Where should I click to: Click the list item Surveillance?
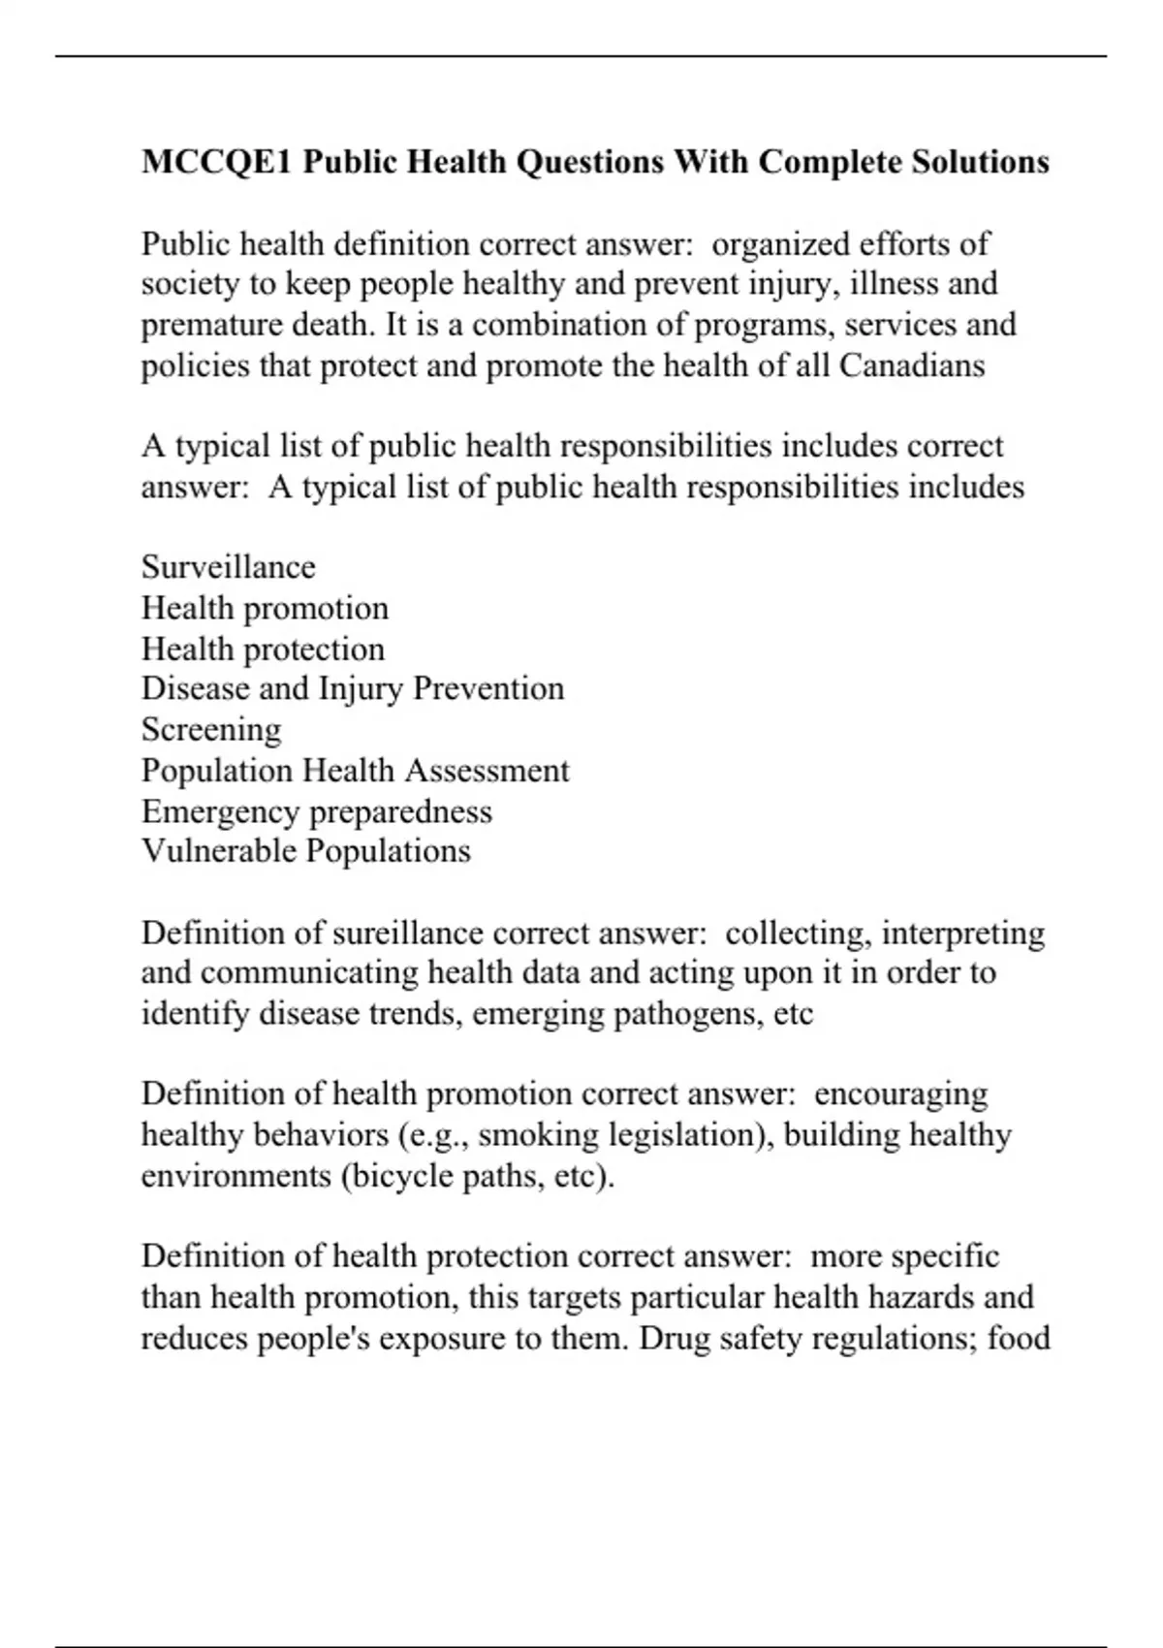coord(229,567)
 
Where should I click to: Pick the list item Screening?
coord(211,729)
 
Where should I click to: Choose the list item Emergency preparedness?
coord(317,810)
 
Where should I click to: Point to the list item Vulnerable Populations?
coord(306,851)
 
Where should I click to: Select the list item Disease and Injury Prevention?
coord(353,688)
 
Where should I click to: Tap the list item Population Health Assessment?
coord(356,770)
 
